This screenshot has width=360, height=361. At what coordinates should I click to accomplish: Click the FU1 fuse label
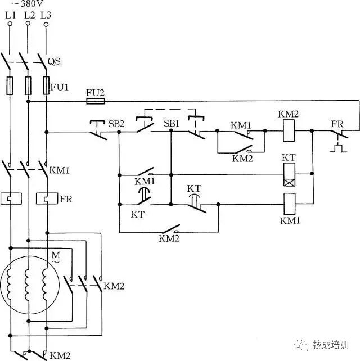tap(58, 88)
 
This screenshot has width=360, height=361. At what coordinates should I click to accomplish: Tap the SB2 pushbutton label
tap(116, 123)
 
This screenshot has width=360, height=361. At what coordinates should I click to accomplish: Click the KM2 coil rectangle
tap(288, 132)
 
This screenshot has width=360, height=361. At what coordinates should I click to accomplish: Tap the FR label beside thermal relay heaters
tap(66, 199)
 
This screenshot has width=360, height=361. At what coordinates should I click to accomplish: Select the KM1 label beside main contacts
tap(60, 169)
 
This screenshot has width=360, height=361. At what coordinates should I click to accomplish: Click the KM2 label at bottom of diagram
tap(60, 355)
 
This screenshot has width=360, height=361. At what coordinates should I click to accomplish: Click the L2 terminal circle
tap(28, 24)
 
